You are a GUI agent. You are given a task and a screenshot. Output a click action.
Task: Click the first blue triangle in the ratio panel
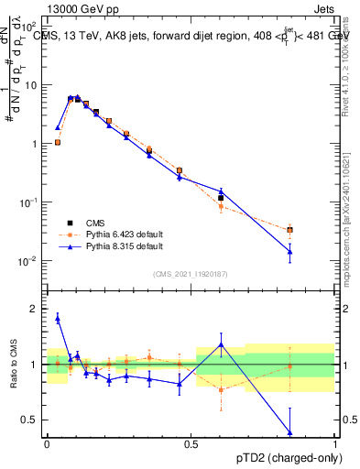(58, 318)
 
